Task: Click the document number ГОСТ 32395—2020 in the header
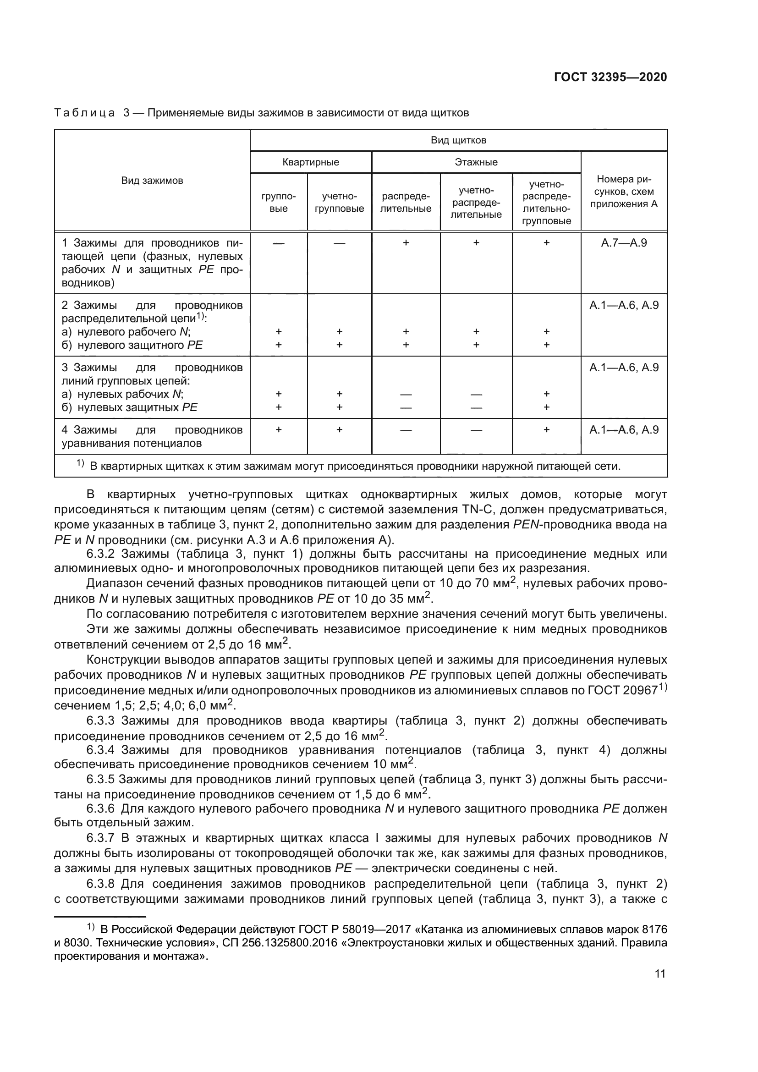(x=610, y=77)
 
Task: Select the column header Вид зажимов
(x=152, y=181)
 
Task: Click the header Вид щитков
(x=458, y=140)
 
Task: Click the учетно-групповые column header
(x=339, y=203)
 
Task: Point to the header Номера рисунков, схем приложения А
(x=624, y=192)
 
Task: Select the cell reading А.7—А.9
(x=624, y=243)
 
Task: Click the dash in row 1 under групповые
(x=279, y=243)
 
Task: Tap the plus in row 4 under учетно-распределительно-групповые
(x=547, y=429)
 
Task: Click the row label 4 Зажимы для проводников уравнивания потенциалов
(x=152, y=436)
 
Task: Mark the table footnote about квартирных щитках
(x=355, y=466)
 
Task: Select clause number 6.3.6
(x=100, y=808)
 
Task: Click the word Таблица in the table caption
(x=84, y=113)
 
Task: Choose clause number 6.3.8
(x=100, y=884)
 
